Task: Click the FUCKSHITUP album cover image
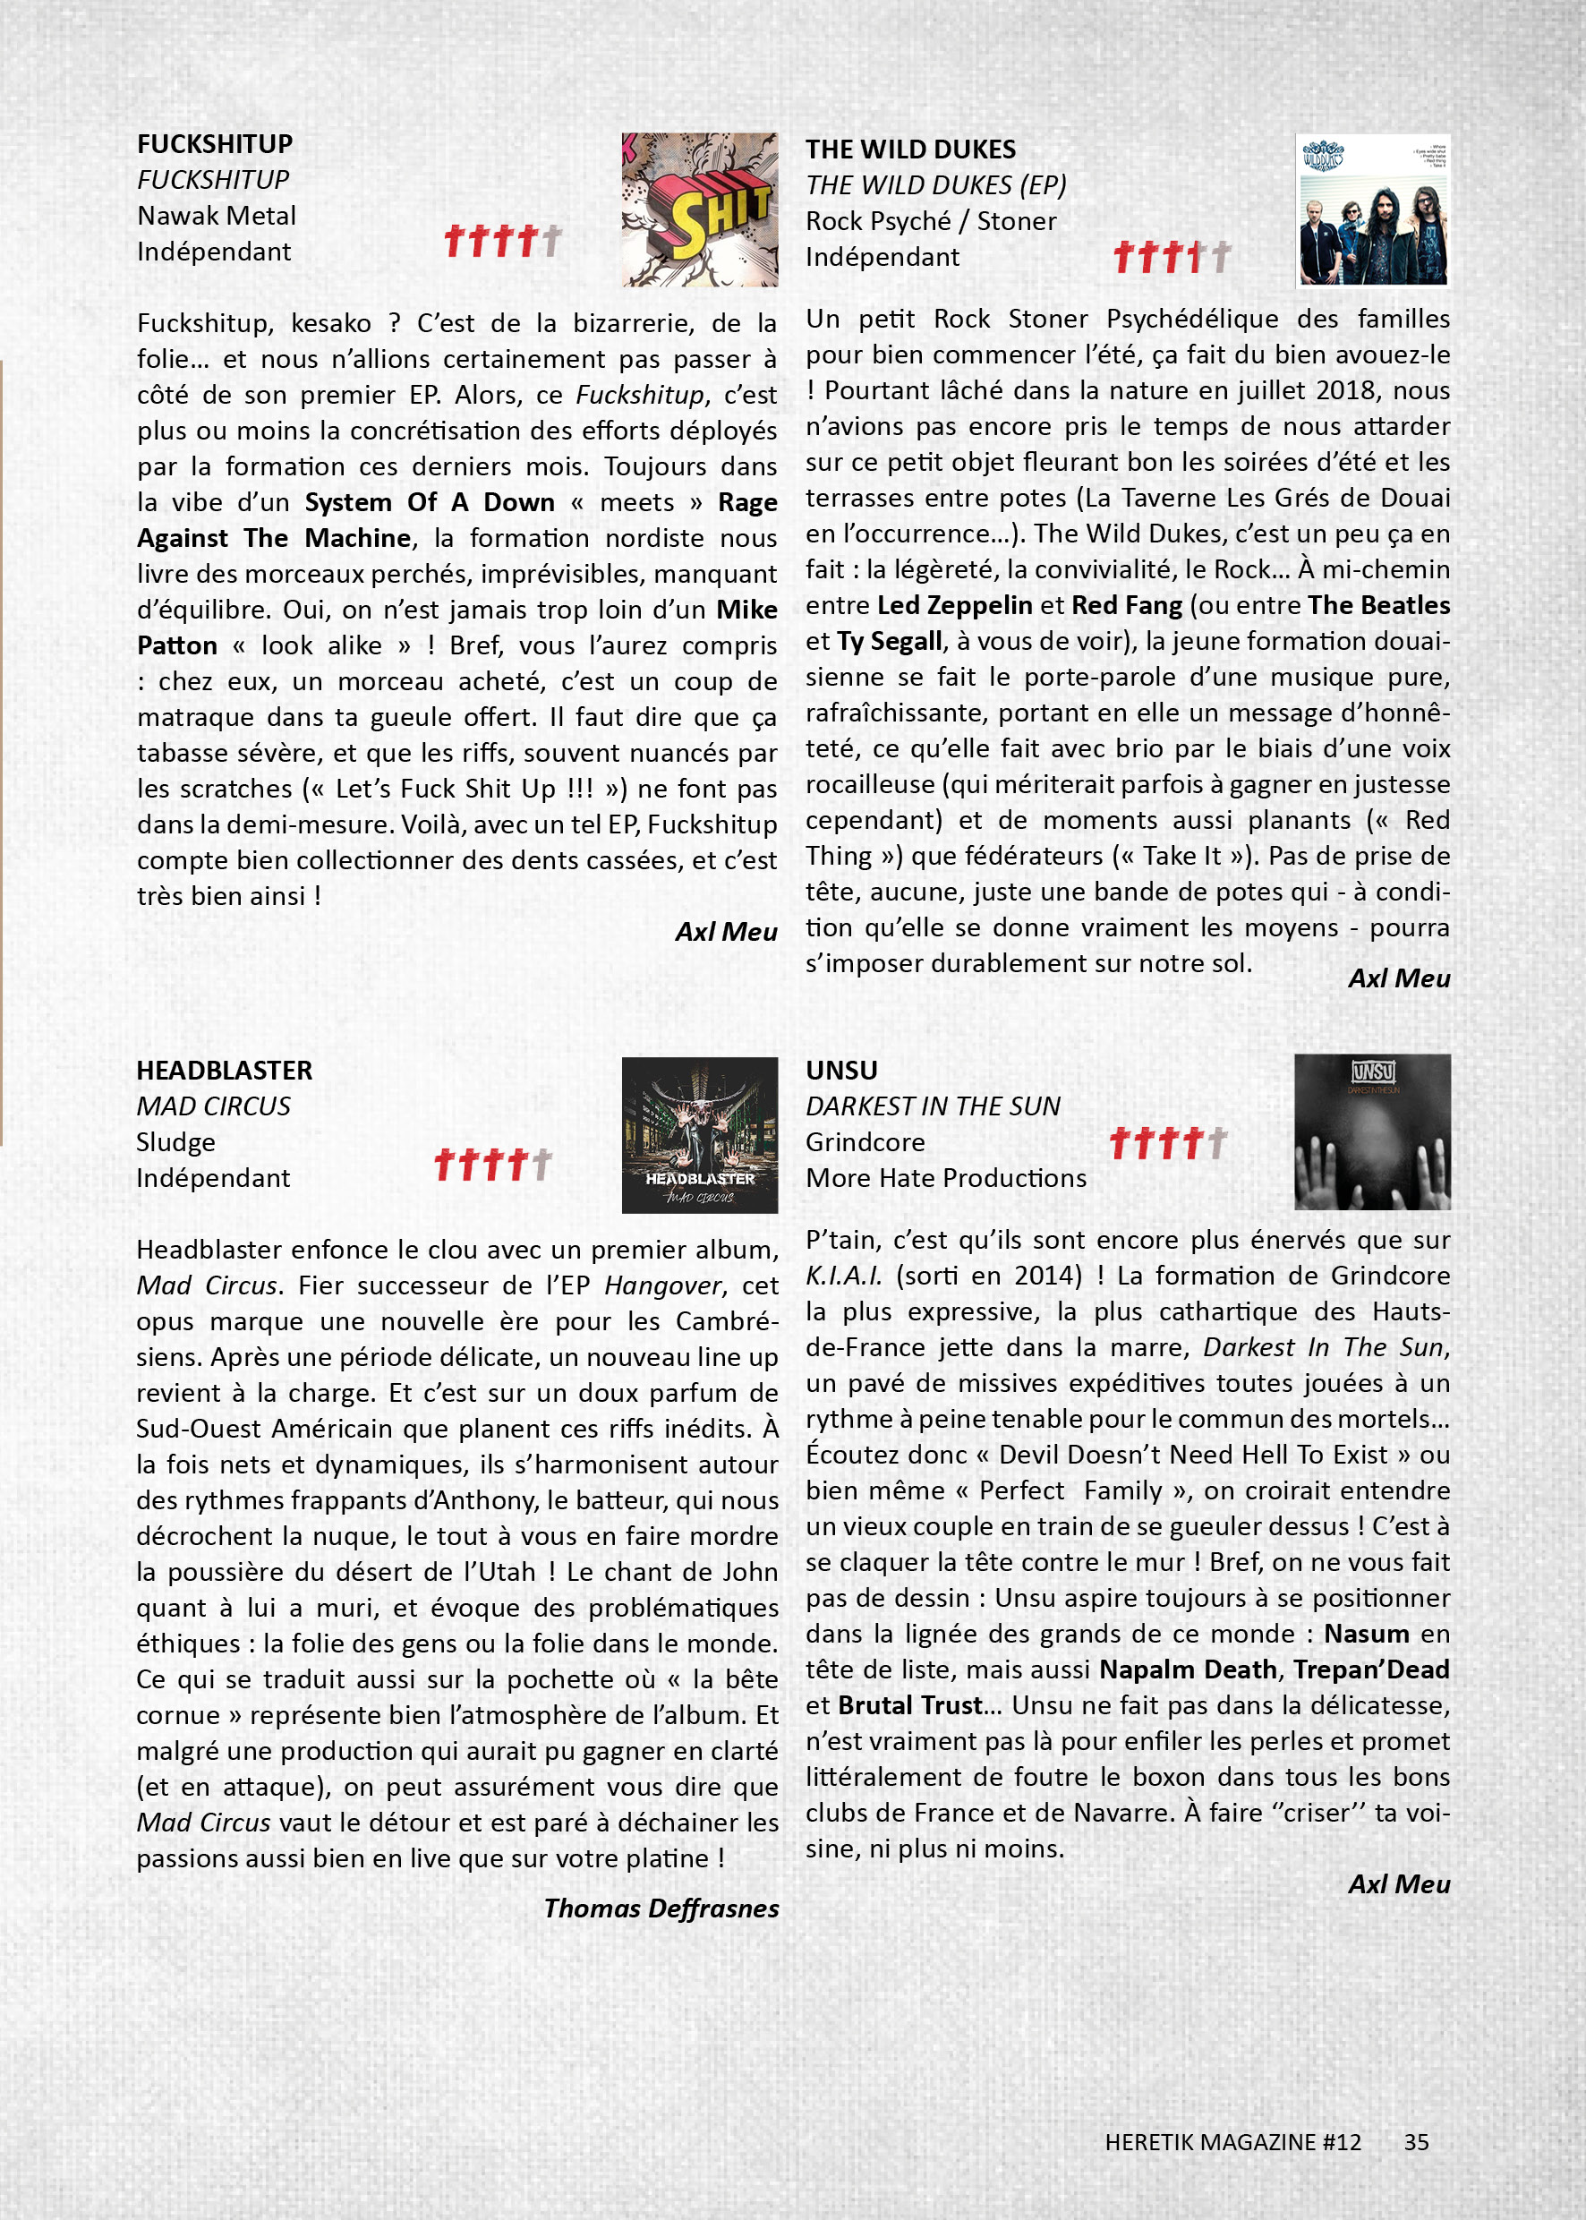pyautogui.click(x=699, y=210)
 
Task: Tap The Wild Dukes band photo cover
pyautogui.click(x=1372, y=210)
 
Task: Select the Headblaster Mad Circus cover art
pyautogui.click(x=699, y=1135)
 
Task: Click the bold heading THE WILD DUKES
pyautogui.click(x=910, y=149)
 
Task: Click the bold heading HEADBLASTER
pyautogui.click(x=224, y=1071)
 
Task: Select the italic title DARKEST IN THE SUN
pyautogui.click(x=933, y=1106)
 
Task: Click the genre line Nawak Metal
pyautogui.click(x=216, y=216)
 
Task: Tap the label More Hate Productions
pyautogui.click(x=945, y=1178)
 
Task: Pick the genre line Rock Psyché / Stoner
pyautogui.click(x=931, y=222)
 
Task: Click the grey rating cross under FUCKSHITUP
pyautogui.click(x=551, y=239)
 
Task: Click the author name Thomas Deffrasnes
pyautogui.click(x=661, y=1908)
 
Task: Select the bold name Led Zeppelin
pyautogui.click(x=954, y=605)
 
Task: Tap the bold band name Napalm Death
pyautogui.click(x=1188, y=1669)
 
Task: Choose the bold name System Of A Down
pyautogui.click(x=430, y=502)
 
